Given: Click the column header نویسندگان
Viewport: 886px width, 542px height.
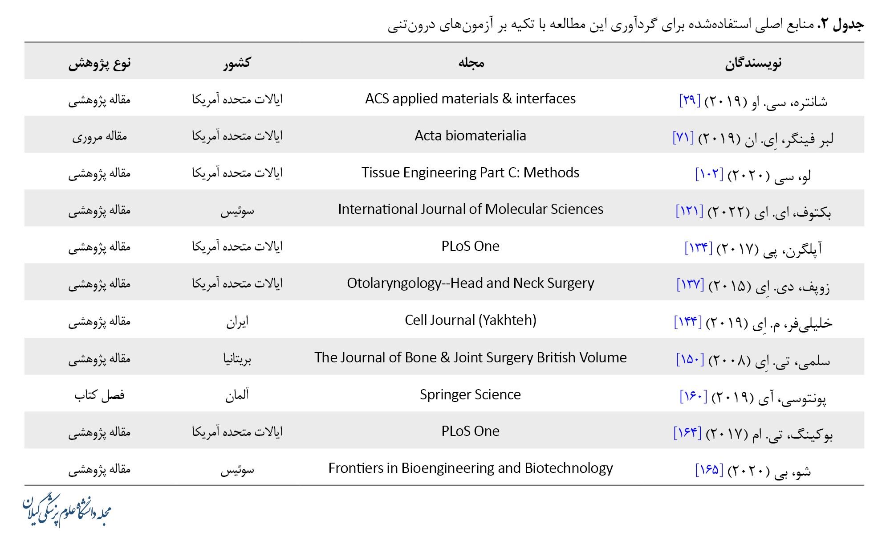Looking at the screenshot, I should pyautogui.click(x=753, y=63).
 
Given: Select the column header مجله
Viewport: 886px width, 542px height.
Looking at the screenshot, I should pyautogui.click(x=471, y=63).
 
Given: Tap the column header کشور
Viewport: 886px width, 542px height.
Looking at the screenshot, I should pyautogui.click(x=237, y=63).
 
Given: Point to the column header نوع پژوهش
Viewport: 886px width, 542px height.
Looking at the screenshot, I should pyautogui.click(x=99, y=63).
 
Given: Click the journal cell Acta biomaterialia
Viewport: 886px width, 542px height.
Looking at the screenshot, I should pyautogui.click(x=470, y=135).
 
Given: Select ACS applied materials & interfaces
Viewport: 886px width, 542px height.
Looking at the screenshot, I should pyautogui.click(x=470, y=99).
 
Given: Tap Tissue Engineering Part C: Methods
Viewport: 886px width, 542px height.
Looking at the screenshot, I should pyautogui.click(x=470, y=172).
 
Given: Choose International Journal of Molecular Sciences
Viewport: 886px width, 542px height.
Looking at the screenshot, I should pyautogui.click(x=470, y=209).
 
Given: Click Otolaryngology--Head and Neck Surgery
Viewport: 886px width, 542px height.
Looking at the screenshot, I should pyautogui.click(x=470, y=283).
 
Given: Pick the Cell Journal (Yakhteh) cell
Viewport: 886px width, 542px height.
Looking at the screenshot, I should pyautogui.click(x=470, y=320).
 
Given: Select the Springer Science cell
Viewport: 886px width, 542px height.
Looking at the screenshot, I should pyautogui.click(x=470, y=394).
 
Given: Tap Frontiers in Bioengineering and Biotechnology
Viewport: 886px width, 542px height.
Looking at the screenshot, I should pyautogui.click(x=470, y=468).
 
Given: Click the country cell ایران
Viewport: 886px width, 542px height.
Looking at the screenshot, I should pyautogui.click(x=237, y=321).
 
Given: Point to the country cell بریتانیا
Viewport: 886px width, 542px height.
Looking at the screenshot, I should pyautogui.click(x=237, y=358).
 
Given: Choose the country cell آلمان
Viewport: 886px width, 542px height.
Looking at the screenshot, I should pyautogui.click(x=237, y=395).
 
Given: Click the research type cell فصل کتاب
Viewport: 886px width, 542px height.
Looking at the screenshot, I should pyautogui.click(x=99, y=395).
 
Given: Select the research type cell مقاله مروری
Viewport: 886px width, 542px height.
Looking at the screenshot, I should pyautogui.click(x=99, y=136).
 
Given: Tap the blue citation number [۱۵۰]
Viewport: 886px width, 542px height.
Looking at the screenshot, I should pyautogui.click(x=690, y=359).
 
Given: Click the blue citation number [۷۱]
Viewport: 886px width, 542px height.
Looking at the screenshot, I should pyautogui.click(x=683, y=138).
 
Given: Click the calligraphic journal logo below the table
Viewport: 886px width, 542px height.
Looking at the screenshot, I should pyautogui.click(x=67, y=511).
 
